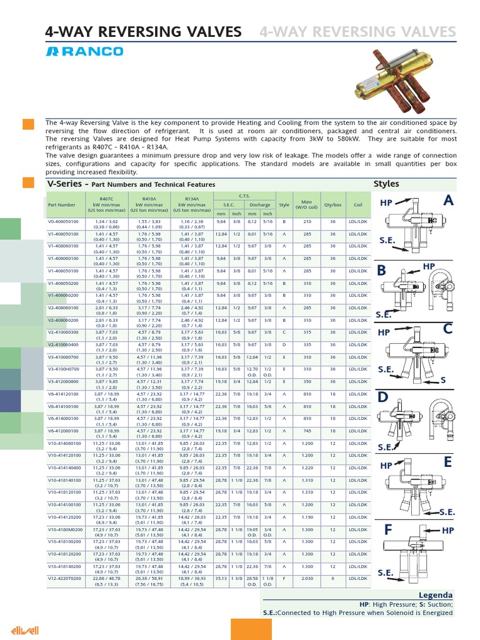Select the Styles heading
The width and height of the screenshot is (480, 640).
(x=386, y=184)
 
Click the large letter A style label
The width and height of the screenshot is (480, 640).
(x=448, y=200)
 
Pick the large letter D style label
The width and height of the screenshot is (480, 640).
(x=383, y=397)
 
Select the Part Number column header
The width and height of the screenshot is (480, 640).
(x=62, y=204)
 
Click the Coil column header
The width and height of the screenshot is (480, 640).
(x=358, y=204)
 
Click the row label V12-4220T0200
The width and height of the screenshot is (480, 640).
(x=64, y=581)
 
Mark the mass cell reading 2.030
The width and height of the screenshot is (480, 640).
(x=306, y=578)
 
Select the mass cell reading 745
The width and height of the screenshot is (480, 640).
(x=306, y=431)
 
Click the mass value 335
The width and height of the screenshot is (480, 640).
(x=306, y=344)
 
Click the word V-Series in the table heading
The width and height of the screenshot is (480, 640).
(x=65, y=184)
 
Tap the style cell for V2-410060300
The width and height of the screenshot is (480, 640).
(x=284, y=332)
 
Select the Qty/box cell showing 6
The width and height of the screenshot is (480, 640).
(x=333, y=578)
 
